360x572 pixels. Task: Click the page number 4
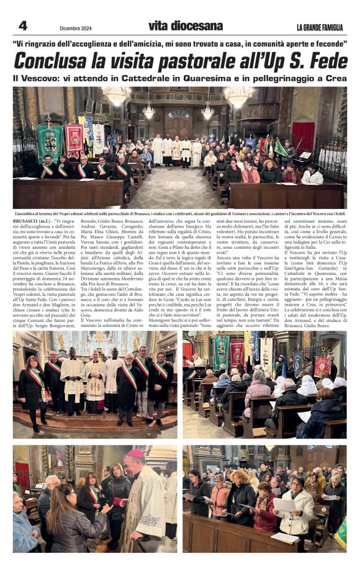coord(22,25)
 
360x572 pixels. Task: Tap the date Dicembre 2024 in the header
coord(76,27)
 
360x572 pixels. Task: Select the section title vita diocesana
coord(185,26)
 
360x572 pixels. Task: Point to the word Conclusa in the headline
coord(56,61)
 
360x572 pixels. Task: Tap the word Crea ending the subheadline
coord(335,79)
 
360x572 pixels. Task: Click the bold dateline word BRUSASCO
coord(26,221)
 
